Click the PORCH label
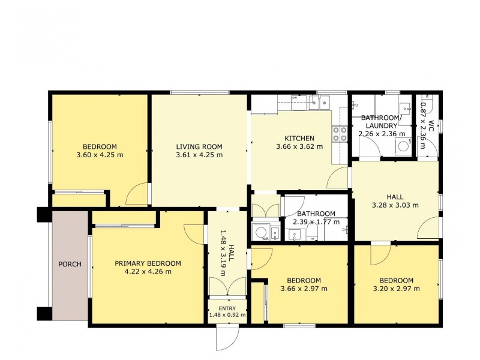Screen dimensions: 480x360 70,264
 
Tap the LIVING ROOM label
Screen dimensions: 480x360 199,146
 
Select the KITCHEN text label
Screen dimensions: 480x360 299,139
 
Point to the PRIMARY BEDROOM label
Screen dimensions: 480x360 148,263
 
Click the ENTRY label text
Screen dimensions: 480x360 227,308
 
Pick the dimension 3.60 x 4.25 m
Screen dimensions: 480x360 100,155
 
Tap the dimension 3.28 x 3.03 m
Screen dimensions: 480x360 395,205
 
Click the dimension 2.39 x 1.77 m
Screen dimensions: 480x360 316,221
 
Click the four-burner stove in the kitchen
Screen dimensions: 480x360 340,134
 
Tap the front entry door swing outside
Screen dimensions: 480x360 227,338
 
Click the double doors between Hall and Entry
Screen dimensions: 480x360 227,287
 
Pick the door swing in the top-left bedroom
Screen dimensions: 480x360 137,194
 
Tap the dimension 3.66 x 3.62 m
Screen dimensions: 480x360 299,146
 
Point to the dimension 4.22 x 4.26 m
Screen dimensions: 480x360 148,272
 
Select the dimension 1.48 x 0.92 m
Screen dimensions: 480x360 227,314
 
